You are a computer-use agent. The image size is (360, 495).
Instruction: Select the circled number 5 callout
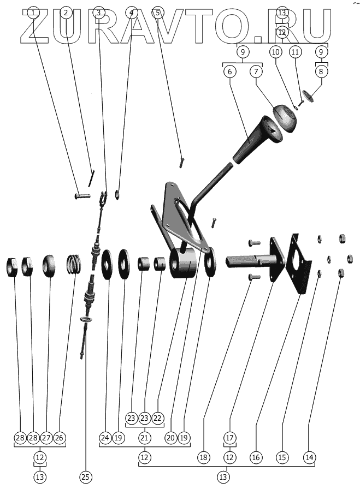pos(157,12)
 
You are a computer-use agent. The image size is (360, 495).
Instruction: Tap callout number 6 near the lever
pos(229,71)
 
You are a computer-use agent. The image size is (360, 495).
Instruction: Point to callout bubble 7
pos(257,71)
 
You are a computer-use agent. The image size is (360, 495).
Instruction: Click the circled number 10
pos(275,52)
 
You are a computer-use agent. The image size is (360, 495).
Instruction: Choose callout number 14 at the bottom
pos(310,457)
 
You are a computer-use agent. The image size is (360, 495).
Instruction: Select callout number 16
pos(255,457)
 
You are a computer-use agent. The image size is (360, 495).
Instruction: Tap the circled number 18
pos(203,457)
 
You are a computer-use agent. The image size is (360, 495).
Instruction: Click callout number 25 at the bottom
pos(85,476)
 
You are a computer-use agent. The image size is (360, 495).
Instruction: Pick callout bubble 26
pos(60,437)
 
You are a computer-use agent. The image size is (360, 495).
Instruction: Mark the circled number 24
pos(105,437)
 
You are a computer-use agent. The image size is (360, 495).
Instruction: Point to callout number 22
pos(158,418)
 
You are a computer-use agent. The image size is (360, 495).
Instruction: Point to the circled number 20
pos(170,437)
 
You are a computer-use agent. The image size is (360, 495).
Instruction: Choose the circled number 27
pos(46,437)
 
